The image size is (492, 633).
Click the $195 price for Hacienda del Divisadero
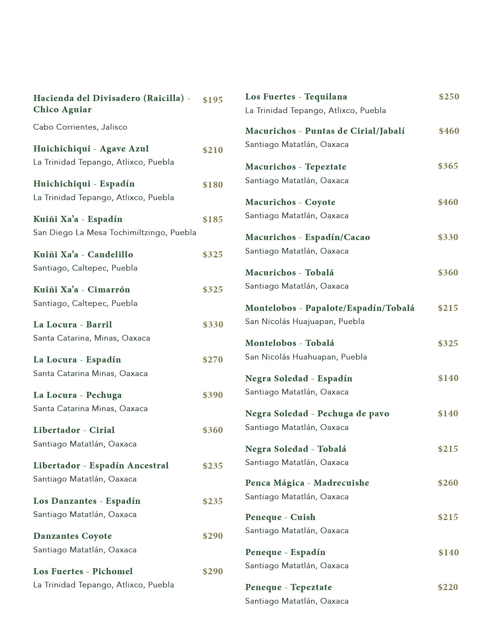(x=212, y=100)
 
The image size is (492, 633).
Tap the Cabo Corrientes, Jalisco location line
(x=80, y=127)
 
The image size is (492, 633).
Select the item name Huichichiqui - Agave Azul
(x=91, y=149)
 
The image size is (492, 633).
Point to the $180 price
(x=212, y=185)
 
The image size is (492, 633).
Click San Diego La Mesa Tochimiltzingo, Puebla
(x=115, y=232)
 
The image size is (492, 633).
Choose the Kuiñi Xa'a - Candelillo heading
(x=83, y=255)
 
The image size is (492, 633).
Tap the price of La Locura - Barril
(x=212, y=324)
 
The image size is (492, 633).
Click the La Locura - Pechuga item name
(x=77, y=395)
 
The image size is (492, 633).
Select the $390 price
(x=212, y=395)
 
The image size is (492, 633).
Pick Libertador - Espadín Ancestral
(x=101, y=466)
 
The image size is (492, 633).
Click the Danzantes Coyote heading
(x=72, y=536)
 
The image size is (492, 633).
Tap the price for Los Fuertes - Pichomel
(x=212, y=571)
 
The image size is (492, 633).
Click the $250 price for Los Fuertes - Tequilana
(x=449, y=96)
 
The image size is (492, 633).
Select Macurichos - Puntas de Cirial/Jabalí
(x=325, y=131)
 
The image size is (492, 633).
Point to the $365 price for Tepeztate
(x=448, y=166)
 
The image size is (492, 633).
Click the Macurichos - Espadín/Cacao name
(x=307, y=237)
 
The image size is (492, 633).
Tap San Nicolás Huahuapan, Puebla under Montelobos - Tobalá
(x=306, y=357)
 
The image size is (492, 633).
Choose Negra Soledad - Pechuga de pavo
(x=317, y=414)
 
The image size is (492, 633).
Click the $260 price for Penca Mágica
(x=448, y=483)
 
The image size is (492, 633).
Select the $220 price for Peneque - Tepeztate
(x=448, y=587)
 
